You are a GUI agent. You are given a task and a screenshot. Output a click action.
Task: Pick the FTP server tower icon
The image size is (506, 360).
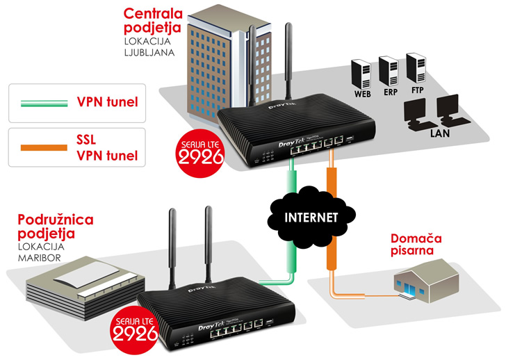click(x=416, y=67)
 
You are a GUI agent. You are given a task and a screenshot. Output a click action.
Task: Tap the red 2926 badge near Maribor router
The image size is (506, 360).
click(x=133, y=332)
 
